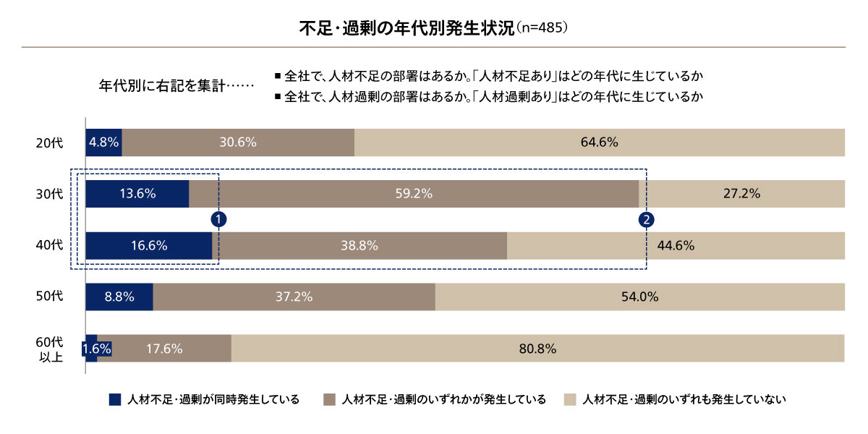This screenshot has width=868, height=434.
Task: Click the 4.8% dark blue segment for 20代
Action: [103, 142]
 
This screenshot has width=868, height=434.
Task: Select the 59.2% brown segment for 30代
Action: [414, 194]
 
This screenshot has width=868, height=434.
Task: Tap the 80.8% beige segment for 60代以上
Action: [537, 349]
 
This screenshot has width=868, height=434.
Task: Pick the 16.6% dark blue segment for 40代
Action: [148, 245]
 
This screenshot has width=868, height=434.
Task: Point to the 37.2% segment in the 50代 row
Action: [294, 297]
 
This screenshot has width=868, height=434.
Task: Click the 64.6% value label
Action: [599, 142]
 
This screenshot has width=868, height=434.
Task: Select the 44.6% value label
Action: [676, 245]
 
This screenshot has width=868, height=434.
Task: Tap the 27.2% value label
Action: [741, 194]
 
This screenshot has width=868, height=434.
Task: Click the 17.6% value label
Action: [164, 349]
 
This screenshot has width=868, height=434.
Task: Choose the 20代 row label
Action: [49, 143]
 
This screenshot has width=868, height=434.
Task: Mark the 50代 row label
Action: [49, 297]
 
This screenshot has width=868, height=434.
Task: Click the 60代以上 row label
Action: [49, 349]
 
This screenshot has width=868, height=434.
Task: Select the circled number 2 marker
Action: [647, 218]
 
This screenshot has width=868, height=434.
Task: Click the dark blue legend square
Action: [114, 399]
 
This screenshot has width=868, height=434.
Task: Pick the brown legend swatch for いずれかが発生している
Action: [330, 399]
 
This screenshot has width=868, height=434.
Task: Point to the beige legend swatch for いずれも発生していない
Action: [570, 399]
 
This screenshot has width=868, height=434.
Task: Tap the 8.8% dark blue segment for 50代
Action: [119, 297]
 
